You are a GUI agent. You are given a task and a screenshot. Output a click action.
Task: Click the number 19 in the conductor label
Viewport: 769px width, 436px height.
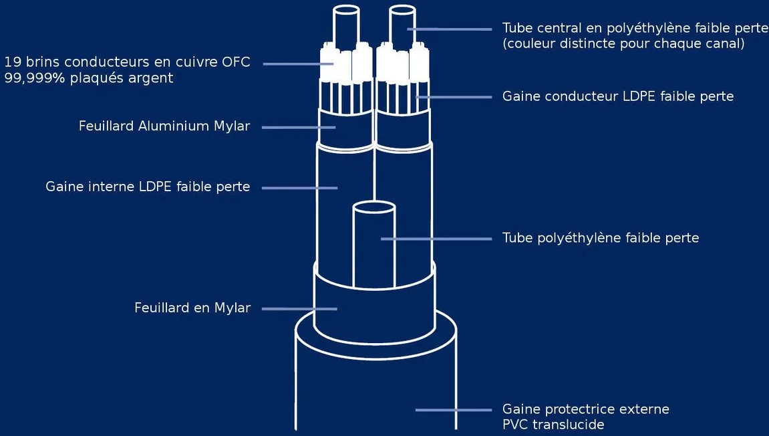coord(13,62)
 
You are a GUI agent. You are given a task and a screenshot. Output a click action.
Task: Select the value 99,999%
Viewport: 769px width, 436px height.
coord(34,78)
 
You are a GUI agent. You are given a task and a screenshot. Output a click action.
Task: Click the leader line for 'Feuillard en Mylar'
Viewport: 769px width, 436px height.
coord(300,309)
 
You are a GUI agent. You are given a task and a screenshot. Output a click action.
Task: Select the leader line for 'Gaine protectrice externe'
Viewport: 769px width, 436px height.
coord(454,410)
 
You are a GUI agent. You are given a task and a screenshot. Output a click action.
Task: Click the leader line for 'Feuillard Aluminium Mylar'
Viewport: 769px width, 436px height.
coord(299,127)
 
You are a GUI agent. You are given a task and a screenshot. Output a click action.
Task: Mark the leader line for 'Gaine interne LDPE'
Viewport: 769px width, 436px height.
coord(300,187)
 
